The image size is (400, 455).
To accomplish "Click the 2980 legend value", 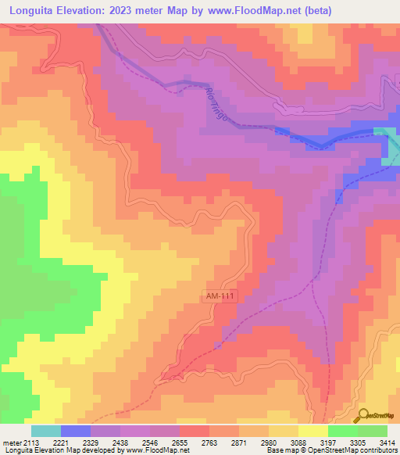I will click(x=268, y=442).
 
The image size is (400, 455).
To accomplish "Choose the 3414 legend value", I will click(x=387, y=442).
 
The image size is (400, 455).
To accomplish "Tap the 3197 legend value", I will click(x=327, y=442).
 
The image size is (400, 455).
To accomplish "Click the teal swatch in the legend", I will click(x=46, y=431).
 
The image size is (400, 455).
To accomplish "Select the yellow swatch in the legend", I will click(x=312, y=431).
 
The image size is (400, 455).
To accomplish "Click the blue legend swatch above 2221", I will click(x=76, y=431).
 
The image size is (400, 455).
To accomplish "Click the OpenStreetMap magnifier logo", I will click(x=363, y=415).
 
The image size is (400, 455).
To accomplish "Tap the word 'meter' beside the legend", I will click(x=11, y=442).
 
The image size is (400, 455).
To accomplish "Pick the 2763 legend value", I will click(x=209, y=442).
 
